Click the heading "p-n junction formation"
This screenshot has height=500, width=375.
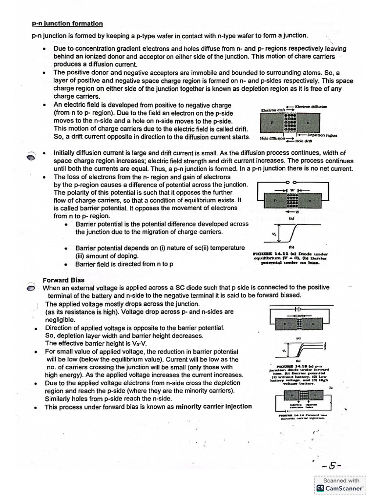[67, 23]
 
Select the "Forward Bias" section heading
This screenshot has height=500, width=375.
[63, 280]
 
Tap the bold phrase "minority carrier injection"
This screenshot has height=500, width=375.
[214, 406]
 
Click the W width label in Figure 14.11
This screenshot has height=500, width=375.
[292, 190]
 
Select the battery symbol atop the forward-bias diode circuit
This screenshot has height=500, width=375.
[297, 309]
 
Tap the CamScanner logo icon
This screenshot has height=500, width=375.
[320, 488]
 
